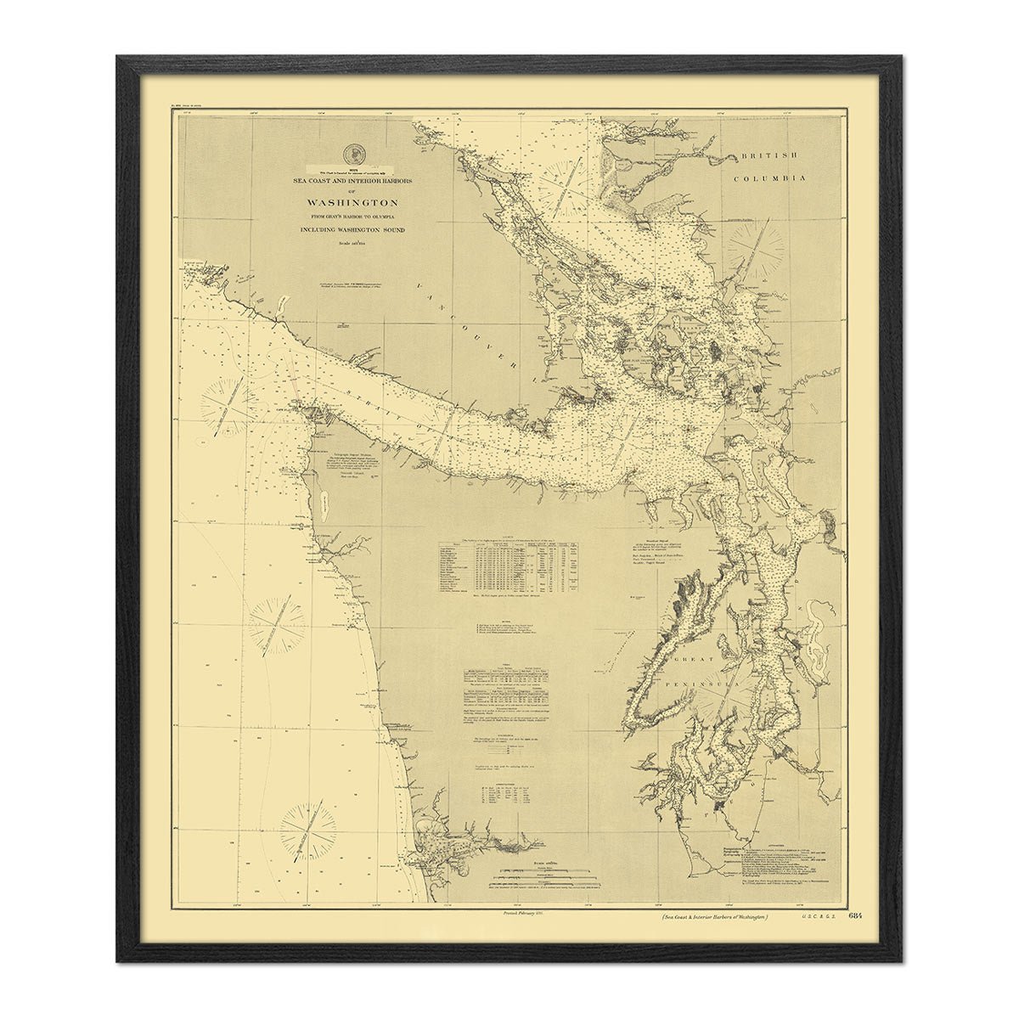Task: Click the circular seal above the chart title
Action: coord(351,155)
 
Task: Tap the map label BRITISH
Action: coord(769,156)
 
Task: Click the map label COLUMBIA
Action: coord(769,178)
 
